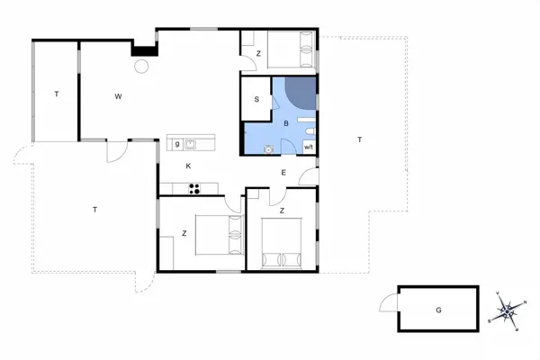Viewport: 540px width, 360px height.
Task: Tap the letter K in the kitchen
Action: (x=188, y=166)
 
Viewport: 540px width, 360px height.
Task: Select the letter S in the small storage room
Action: (x=256, y=100)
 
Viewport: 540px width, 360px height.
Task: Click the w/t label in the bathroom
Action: (x=309, y=147)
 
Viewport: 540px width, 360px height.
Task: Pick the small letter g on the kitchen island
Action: (x=177, y=143)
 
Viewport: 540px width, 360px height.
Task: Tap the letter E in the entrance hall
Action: (x=283, y=172)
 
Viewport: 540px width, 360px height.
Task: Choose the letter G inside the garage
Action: (x=438, y=310)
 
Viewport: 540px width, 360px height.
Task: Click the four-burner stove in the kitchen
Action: (x=193, y=188)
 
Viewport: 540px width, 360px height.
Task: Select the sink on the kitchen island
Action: (x=191, y=142)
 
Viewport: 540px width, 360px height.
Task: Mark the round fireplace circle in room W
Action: (x=141, y=66)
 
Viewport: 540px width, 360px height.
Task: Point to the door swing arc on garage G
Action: (x=388, y=303)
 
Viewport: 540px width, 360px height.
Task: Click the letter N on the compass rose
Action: (x=524, y=302)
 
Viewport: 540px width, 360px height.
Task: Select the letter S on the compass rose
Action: (x=490, y=319)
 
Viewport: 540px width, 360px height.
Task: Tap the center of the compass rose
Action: (x=508, y=311)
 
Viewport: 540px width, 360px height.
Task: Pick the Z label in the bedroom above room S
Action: (x=258, y=54)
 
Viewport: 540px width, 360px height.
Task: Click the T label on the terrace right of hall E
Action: (x=359, y=139)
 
